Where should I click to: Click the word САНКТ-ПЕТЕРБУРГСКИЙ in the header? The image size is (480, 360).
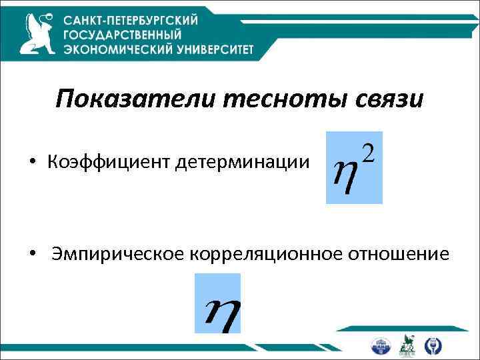click(131, 21)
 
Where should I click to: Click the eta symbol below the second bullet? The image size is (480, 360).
click(218, 310)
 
